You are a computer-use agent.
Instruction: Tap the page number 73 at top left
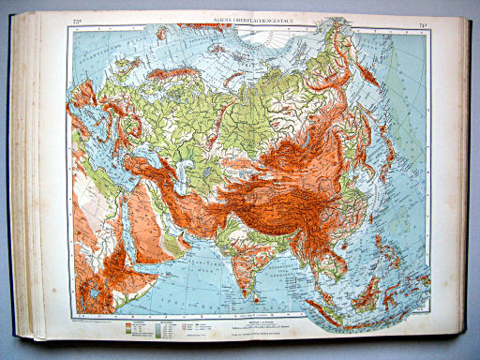pyautogui.click(x=76, y=19)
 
